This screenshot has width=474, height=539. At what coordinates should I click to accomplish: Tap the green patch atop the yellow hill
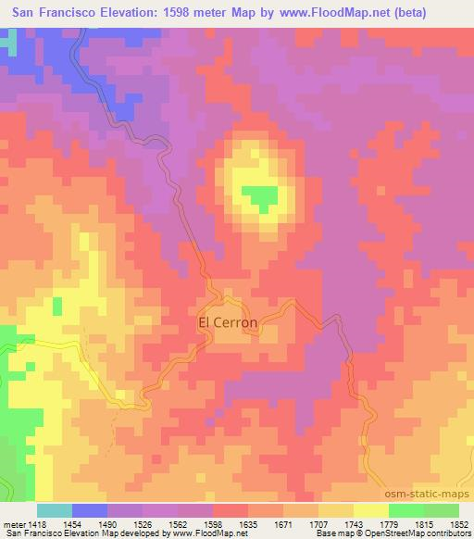260,196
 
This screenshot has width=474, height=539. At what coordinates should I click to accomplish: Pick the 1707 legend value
316,523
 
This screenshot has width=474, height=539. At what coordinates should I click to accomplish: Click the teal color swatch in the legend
54,510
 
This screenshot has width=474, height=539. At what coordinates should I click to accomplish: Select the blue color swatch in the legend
89,510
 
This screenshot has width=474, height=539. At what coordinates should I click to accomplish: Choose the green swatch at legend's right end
442,510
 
